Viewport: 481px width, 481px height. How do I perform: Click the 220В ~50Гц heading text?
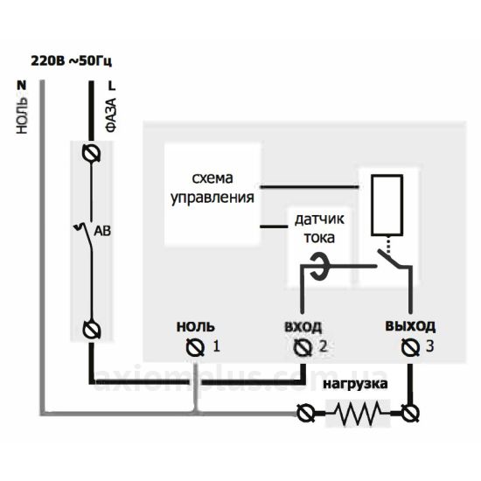(71, 61)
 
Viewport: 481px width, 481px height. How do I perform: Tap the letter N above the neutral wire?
(22, 86)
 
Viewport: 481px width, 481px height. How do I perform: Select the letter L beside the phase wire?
(112, 86)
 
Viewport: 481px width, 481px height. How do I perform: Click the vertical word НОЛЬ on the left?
(22, 115)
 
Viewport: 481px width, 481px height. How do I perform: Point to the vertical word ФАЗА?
(111, 115)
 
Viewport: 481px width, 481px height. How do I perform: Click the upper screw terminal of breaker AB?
(91, 152)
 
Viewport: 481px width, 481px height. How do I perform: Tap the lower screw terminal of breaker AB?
(92, 330)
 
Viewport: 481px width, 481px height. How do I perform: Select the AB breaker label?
(102, 231)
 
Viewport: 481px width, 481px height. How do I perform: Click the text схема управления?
(213, 188)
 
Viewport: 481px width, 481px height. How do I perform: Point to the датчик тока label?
(319, 228)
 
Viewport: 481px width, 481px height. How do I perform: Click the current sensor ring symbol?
(319, 266)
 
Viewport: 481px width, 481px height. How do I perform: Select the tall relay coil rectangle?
(387, 205)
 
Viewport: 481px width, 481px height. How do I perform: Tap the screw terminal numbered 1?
(195, 347)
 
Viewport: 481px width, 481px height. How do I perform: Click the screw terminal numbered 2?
(303, 347)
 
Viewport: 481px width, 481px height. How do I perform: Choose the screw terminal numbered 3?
(410, 347)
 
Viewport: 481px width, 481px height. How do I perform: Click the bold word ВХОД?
(303, 327)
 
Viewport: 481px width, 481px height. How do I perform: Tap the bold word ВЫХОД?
(410, 326)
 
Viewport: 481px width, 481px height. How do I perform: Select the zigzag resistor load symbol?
(358, 413)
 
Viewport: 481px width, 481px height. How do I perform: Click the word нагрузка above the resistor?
(355, 385)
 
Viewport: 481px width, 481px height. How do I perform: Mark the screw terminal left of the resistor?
(306, 413)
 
